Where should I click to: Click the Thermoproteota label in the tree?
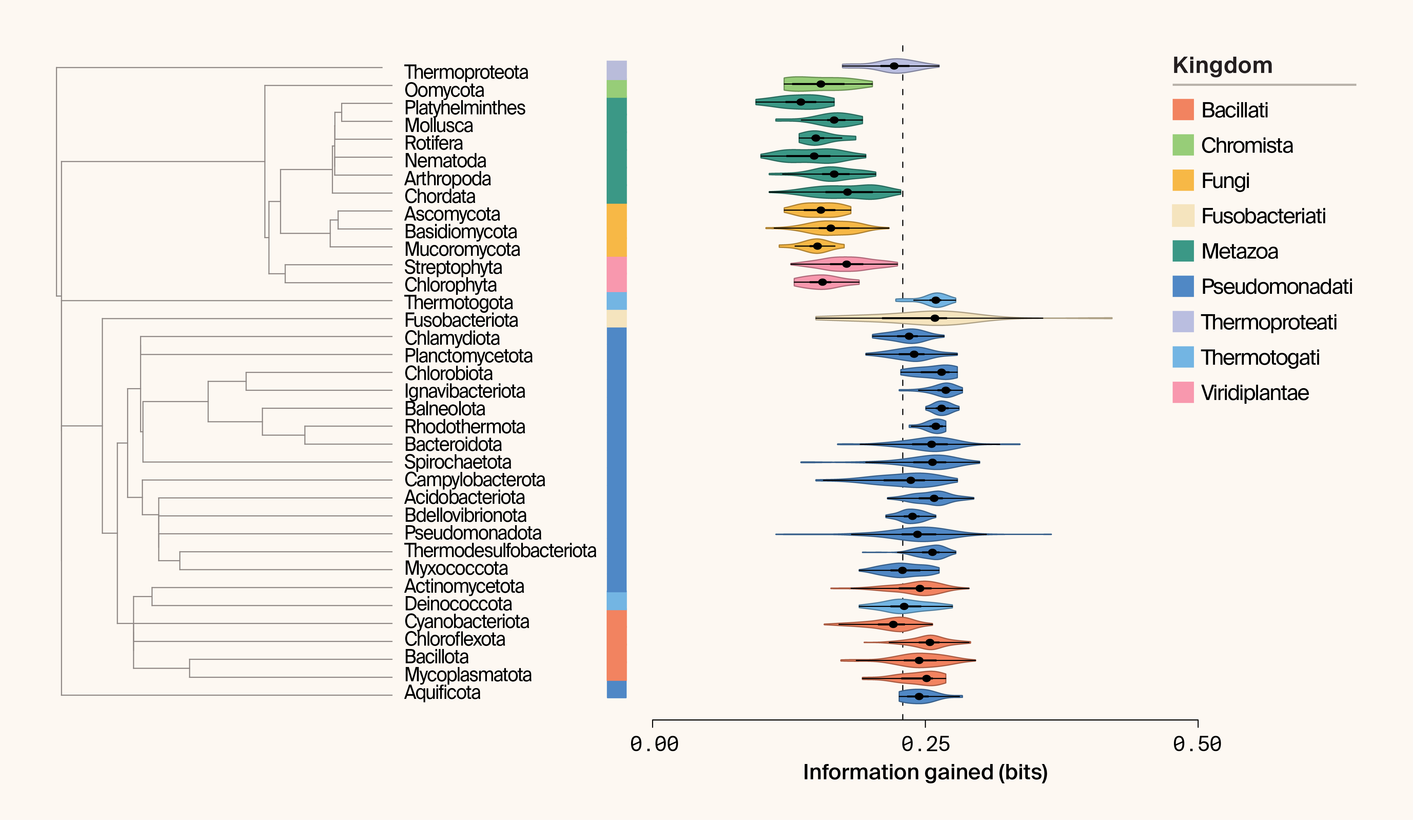coord(466,72)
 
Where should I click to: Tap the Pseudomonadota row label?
coord(473,533)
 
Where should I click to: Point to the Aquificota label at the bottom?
coord(443,693)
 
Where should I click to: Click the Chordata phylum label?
coord(439,196)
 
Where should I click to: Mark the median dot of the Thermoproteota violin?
coord(894,66)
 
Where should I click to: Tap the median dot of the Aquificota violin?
coord(919,697)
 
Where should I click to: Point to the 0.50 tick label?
coord(1197,744)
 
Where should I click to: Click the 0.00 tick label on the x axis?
coord(654,744)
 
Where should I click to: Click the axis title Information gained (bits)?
coord(925,772)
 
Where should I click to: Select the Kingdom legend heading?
coord(1222,65)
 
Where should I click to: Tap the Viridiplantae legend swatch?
coord(1183,393)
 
